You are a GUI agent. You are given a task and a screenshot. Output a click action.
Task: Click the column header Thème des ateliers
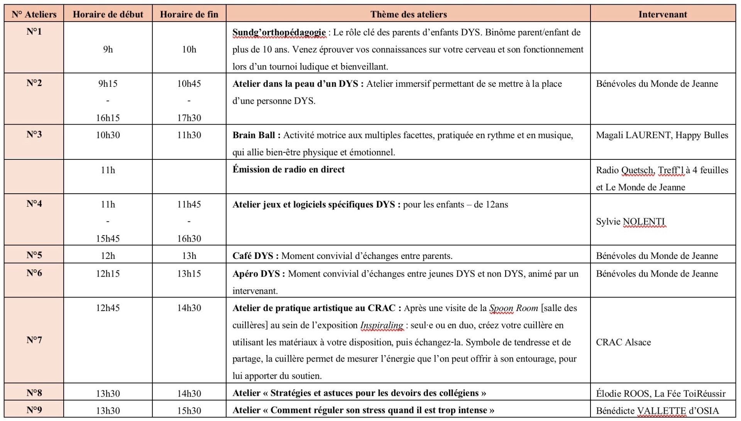coord(408,14)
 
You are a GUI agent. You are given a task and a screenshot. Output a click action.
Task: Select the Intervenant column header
coord(663,14)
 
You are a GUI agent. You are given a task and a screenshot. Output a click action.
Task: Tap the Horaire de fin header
coord(189,14)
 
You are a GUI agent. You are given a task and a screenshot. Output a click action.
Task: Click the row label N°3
coord(34,134)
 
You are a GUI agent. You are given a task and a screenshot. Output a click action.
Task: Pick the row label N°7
coord(34,340)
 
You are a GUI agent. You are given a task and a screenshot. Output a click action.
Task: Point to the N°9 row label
coord(34,410)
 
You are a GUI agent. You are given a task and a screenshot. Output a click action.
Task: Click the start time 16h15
coord(108,118)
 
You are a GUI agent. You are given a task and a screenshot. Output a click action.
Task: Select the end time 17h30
coord(189,118)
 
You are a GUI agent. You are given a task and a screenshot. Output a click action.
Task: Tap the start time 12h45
coord(108,308)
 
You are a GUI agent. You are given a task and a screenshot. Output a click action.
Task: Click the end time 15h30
coord(189,411)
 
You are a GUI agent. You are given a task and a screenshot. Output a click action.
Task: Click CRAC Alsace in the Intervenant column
coord(623,342)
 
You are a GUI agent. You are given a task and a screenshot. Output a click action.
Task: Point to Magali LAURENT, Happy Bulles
coord(662,135)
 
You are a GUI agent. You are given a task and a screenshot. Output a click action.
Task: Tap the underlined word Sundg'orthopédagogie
coord(279,32)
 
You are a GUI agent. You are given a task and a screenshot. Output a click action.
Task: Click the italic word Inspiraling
coord(382,325)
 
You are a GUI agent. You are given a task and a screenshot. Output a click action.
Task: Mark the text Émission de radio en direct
coord(288,169)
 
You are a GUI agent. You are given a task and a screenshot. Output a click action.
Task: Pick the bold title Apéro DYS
coord(256,274)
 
